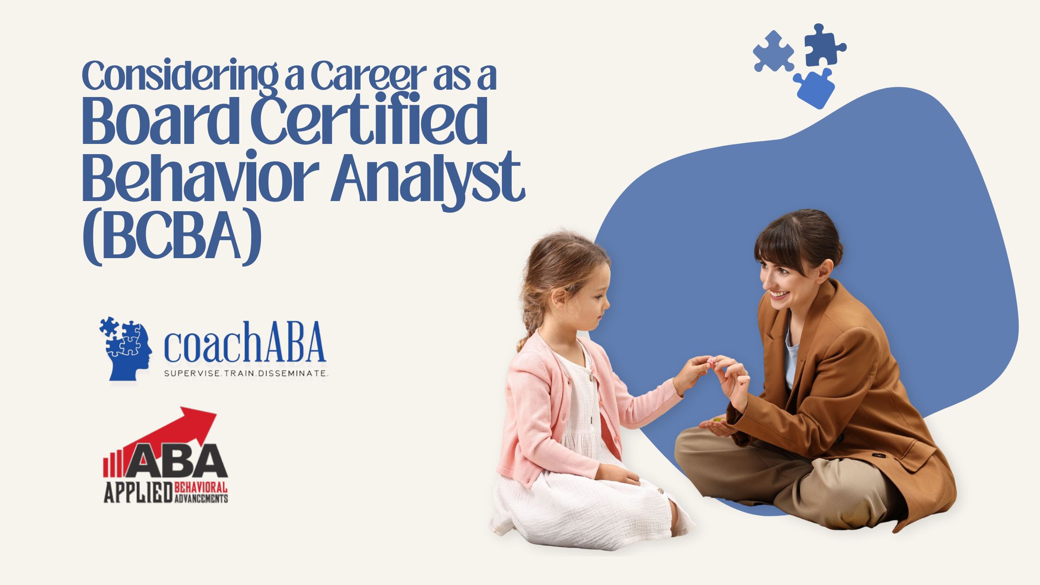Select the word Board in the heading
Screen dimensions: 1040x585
(x=161, y=120)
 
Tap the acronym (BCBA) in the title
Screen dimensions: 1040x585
(x=172, y=240)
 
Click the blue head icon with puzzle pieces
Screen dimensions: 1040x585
(x=126, y=348)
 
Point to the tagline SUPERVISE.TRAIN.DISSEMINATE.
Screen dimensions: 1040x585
(x=247, y=373)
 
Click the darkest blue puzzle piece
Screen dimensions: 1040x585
(x=825, y=45)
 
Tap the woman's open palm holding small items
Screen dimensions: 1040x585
(x=717, y=425)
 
